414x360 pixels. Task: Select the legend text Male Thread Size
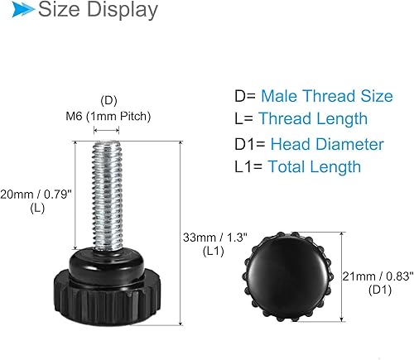coord(326,96)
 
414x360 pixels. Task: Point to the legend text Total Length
coord(310,167)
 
